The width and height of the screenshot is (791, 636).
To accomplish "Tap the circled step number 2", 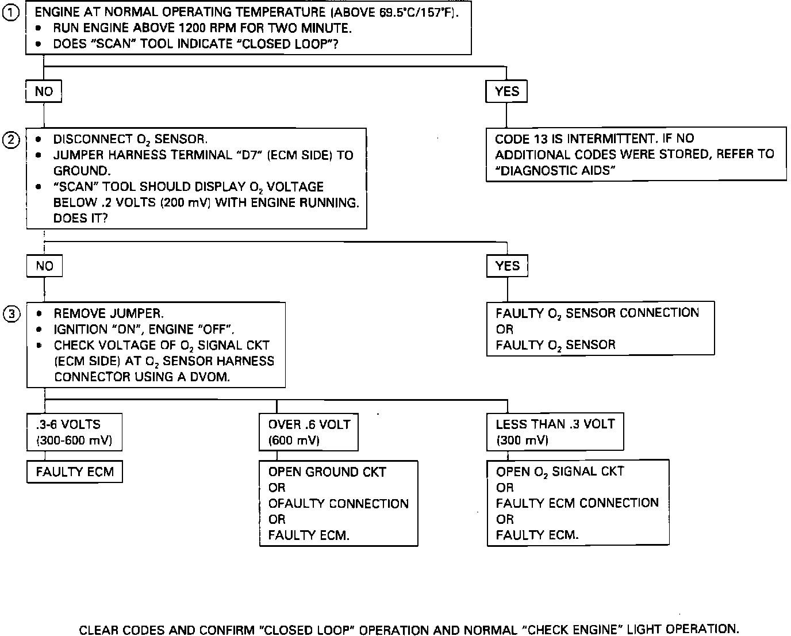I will pos(11,140).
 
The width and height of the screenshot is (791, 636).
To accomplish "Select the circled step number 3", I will pos(11,314).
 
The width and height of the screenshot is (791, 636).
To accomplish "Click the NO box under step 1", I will pos(44,91).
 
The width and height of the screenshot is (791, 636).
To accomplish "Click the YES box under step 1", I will pos(506,91).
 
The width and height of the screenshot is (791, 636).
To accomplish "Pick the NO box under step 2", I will pos(44,266).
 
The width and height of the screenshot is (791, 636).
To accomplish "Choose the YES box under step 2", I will pos(507,266).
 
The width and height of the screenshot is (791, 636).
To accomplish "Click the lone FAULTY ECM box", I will pos(75,472).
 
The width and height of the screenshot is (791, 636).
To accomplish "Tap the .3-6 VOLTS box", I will pos(74,432).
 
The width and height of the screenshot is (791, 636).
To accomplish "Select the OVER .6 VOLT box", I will pos(309,432).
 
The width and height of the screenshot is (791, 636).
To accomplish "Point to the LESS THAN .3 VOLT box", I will pos(555,432).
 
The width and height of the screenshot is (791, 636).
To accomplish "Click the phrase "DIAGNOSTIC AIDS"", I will pos(555,171).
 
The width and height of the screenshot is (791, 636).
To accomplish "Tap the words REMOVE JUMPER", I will pos(109,314).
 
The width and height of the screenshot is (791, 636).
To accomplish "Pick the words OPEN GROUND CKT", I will pos(327,472).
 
